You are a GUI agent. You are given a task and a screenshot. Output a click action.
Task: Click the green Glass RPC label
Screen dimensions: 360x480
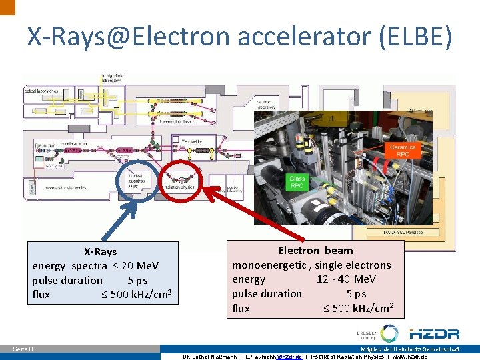[x=297, y=182]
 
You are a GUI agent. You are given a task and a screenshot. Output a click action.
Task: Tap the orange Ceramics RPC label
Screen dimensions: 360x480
[x=402, y=151]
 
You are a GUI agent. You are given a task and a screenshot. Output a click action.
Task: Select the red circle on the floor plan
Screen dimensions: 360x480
[x=179, y=179]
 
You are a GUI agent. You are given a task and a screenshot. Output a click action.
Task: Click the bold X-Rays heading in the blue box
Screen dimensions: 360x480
[x=100, y=251]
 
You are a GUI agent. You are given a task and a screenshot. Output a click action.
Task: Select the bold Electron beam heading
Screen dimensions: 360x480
[x=315, y=250]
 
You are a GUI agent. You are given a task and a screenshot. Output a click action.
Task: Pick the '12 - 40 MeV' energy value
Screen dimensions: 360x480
[x=346, y=279]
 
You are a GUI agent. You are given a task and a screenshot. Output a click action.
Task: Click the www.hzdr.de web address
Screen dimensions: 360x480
[x=408, y=356]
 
